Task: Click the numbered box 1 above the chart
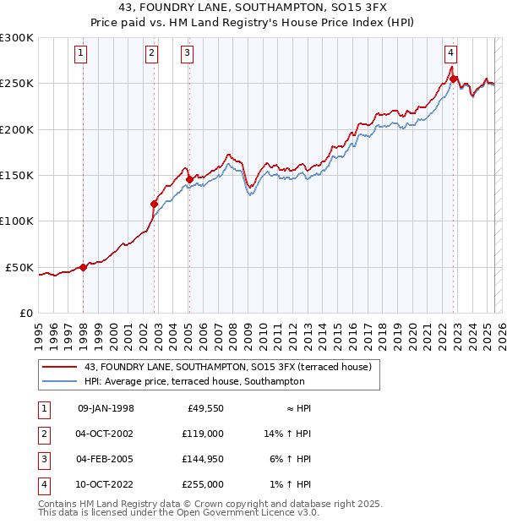pyautogui.click(x=81, y=53)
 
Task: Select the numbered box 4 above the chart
pyautogui.click(x=451, y=53)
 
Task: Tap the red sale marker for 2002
pyautogui.click(x=154, y=204)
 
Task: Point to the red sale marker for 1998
pyautogui.click(x=83, y=267)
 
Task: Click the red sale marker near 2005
pyautogui.click(x=188, y=180)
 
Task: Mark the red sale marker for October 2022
pyautogui.click(x=454, y=79)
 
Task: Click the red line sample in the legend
pyautogui.click(x=60, y=367)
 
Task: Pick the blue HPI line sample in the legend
pyautogui.click(x=60, y=382)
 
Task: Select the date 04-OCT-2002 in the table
pyautogui.click(x=106, y=434)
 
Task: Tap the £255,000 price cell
pyautogui.click(x=204, y=484)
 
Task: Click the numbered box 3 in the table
pyautogui.click(x=42, y=459)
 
